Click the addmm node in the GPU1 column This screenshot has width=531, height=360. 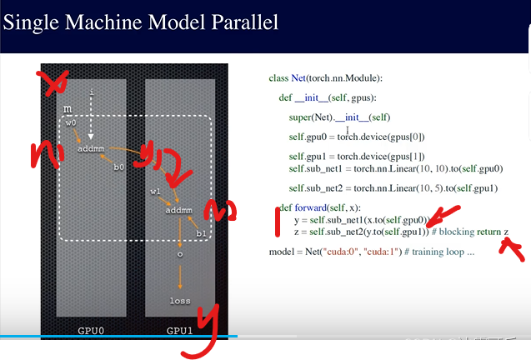tap(178, 210)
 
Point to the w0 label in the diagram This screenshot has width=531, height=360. tap(72, 124)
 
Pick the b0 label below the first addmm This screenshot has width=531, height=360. tap(119, 167)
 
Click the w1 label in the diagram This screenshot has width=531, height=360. tap(155, 192)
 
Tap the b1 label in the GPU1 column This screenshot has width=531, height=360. tap(200, 234)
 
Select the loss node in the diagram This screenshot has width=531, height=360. tap(180, 301)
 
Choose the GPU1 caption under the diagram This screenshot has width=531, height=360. tap(180, 330)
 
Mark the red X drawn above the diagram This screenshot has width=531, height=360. tap(56, 84)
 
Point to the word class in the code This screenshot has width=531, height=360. tap(278, 78)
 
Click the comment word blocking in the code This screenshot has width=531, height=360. tap(456, 231)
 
